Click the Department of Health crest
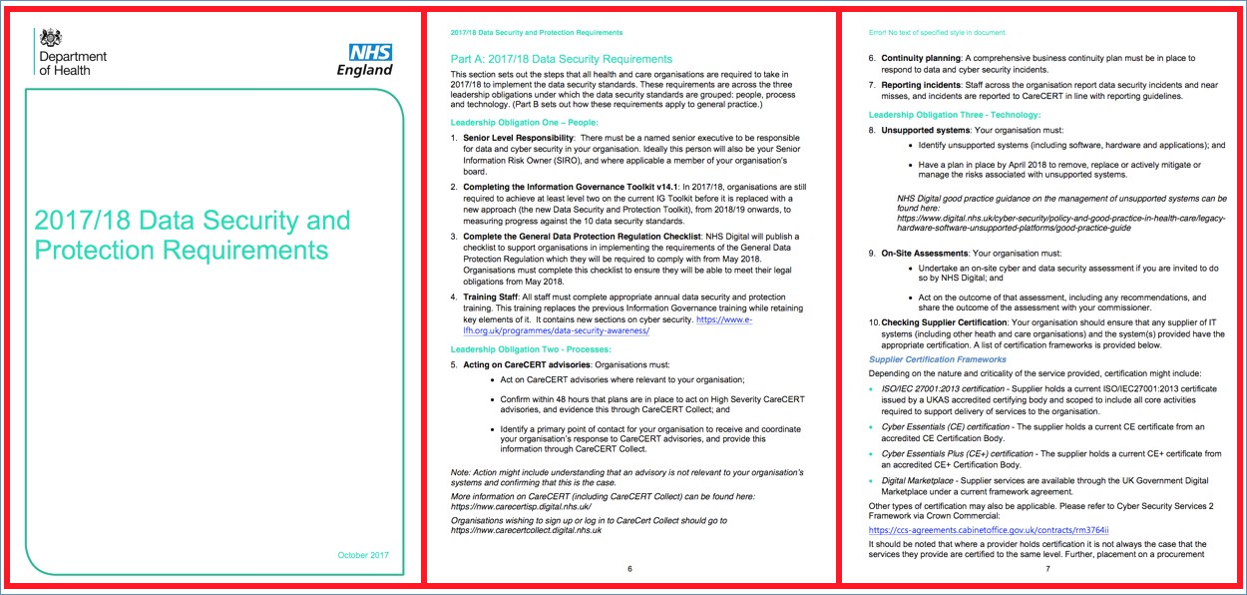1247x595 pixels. pos(49,38)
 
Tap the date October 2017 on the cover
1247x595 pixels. pos(362,555)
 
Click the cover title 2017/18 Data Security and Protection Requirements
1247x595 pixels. pos(192,235)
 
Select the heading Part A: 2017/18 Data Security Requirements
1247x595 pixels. pos(562,59)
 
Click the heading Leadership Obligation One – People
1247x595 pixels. pos(518,122)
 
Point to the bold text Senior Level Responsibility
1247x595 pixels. pos(518,137)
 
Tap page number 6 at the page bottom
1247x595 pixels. pos(629,568)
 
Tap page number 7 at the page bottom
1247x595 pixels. pos(1047,568)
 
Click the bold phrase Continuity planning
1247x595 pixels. pos(920,58)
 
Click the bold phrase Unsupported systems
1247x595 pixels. pos(925,130)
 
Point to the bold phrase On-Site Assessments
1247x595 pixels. pos(924,254)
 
